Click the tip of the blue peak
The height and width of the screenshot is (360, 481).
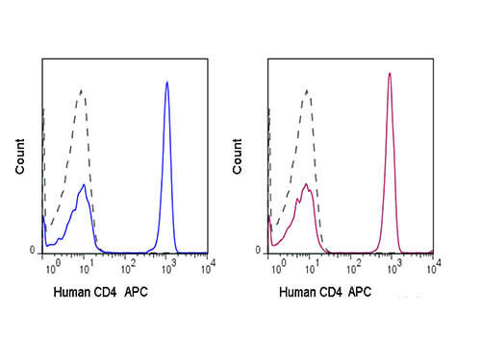point(167,83)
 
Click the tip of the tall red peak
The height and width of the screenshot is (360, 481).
point(390,73)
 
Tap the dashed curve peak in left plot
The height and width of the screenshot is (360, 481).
point(83,90)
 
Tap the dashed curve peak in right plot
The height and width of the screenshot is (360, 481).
point(306,90)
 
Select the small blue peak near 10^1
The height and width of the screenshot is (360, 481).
point(85,187)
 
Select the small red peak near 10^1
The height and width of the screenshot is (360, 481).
point(305,184)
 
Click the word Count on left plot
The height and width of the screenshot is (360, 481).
point(20,156)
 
